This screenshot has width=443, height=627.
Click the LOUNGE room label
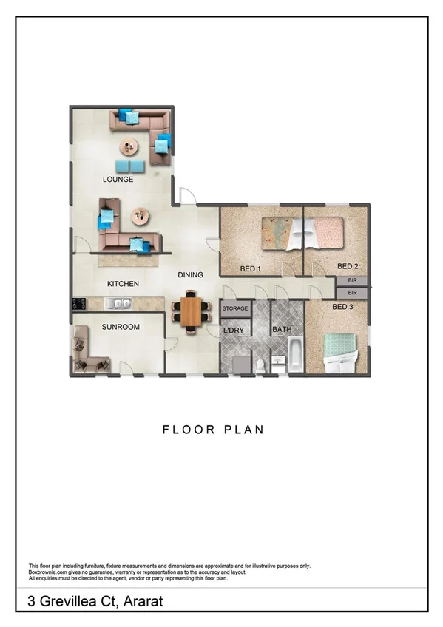point(118,180)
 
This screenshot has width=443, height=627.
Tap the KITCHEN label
point(123,284)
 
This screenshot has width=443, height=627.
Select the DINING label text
point(190,275)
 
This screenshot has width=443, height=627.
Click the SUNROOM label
point(121,327)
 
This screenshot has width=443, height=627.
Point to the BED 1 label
point(251,268)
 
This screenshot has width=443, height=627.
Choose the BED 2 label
point(348,266)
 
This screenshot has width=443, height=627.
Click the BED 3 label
point(343,307)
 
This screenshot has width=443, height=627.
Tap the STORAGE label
point(236,308)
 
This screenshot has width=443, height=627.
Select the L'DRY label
point(234,330)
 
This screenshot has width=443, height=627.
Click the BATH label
point(282,330)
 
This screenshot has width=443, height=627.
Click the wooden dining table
point(191,312)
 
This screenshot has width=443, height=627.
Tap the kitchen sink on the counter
point(118,303)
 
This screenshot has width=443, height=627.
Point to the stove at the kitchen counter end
point(77,303)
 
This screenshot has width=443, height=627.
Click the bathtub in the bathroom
point(294,355)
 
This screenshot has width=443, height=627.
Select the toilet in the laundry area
point(260,365)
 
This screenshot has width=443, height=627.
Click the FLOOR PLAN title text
point(213,430)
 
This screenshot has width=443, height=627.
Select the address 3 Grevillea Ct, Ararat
point(95,602)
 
